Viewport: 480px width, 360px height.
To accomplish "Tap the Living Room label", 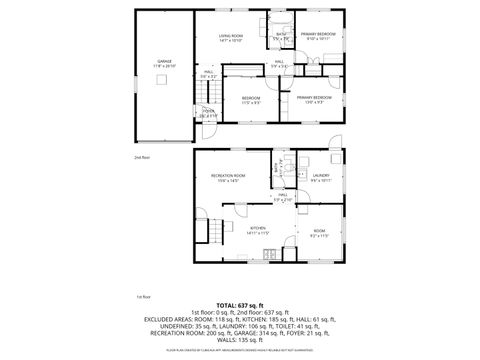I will (232, 36).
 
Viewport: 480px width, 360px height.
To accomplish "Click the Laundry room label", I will (320, 176).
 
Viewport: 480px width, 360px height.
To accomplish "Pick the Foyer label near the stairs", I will (208, 111).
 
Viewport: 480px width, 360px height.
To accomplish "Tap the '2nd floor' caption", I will (141, 156).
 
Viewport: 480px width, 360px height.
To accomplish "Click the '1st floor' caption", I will (143, 297).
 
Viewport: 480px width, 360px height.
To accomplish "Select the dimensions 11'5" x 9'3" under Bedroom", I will (251, 102).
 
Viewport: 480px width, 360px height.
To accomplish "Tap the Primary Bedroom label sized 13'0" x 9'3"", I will (312, 96).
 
